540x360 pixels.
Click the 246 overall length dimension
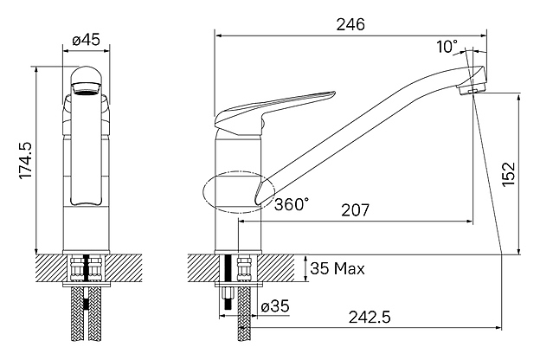point(350,24)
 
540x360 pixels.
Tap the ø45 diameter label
point(86,40)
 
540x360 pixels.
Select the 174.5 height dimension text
point(26,160)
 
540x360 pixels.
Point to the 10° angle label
point(447,47)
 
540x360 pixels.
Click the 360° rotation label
point(292,204)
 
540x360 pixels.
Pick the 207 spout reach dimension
point(355,209)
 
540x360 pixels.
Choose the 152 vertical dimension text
point(509,174)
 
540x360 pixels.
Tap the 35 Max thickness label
point(337,268)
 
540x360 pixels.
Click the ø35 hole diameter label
point(275,306)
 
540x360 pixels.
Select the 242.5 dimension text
point(370,317)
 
